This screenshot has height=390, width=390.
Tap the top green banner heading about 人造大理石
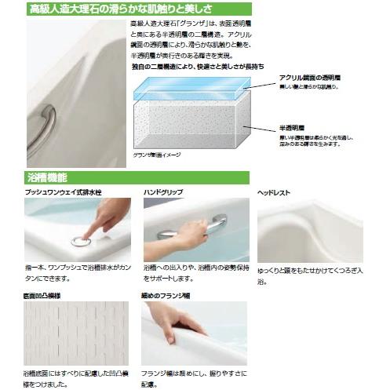tap(126, 9)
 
